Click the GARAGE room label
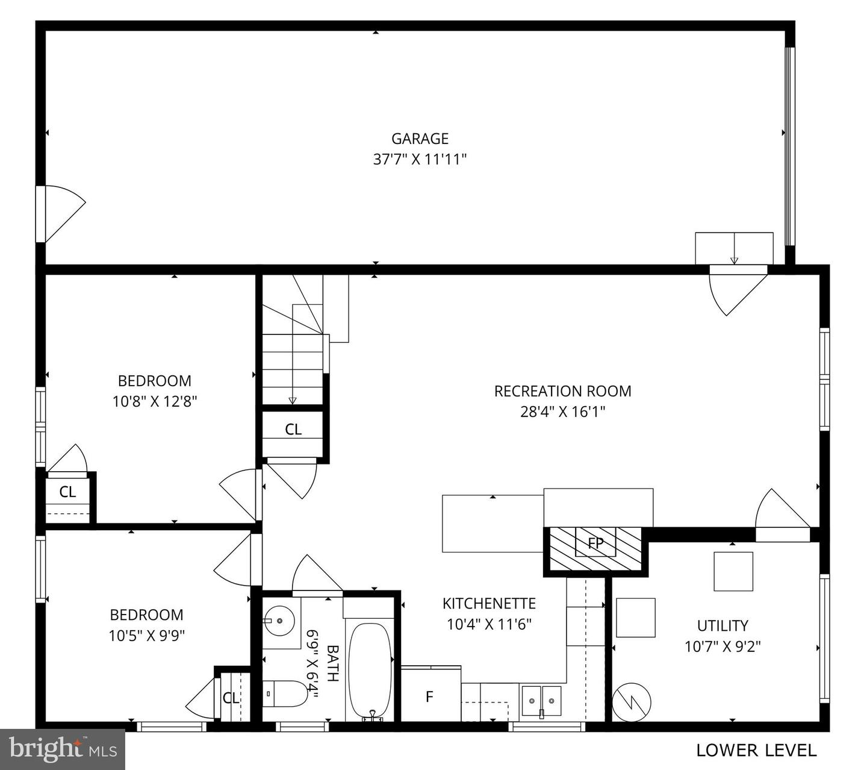tap(420, 139)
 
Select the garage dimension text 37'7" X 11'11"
tap(420, 160)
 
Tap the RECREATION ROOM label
tap(562, 391)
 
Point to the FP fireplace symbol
tap(595, 543)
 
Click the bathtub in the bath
tap(370, 671)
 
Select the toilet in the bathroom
tap(285, 694)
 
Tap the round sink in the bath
tap(280, 620)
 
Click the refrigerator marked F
tap(430, 696)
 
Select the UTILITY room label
tap(722, 625)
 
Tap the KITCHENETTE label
tap(489, 604)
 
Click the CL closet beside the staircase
tap(293, 430)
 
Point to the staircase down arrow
tap(293, 400)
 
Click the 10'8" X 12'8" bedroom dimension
tap(155, 401)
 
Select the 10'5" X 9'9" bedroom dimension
tap(146, 635)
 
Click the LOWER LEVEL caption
tap(756, 751)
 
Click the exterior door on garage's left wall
tap(60, 214)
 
